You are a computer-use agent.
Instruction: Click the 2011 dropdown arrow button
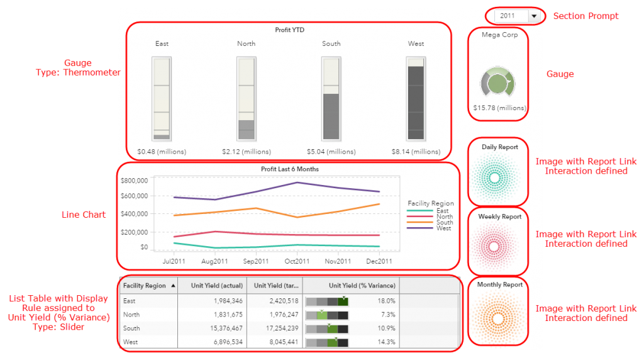pyautogui.click(x=535, y=16)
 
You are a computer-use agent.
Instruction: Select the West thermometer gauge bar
pyautogui.click(x=416, y=99)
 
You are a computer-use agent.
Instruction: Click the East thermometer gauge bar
pyautogui.click(x=162, y=99)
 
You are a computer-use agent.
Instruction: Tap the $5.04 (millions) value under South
pyautogui.click(x=331, y=152)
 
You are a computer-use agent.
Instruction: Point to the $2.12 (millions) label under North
pyautogui.click(x=247, y=152)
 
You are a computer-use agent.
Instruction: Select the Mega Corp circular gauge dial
pyautogui.click(x=497, y=83)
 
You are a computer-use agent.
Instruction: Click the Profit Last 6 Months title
pyautogui.click(x=289, y=169)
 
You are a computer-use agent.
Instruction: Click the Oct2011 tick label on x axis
pyautogui.click(x=296, y=261)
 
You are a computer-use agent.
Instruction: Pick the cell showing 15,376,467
pyautogui.click(x=221, y=329)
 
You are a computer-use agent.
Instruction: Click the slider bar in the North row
pyautogui.click(x=326, y=315)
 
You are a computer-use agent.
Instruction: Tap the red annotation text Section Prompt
pyautogui.click(x=585, y=16)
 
